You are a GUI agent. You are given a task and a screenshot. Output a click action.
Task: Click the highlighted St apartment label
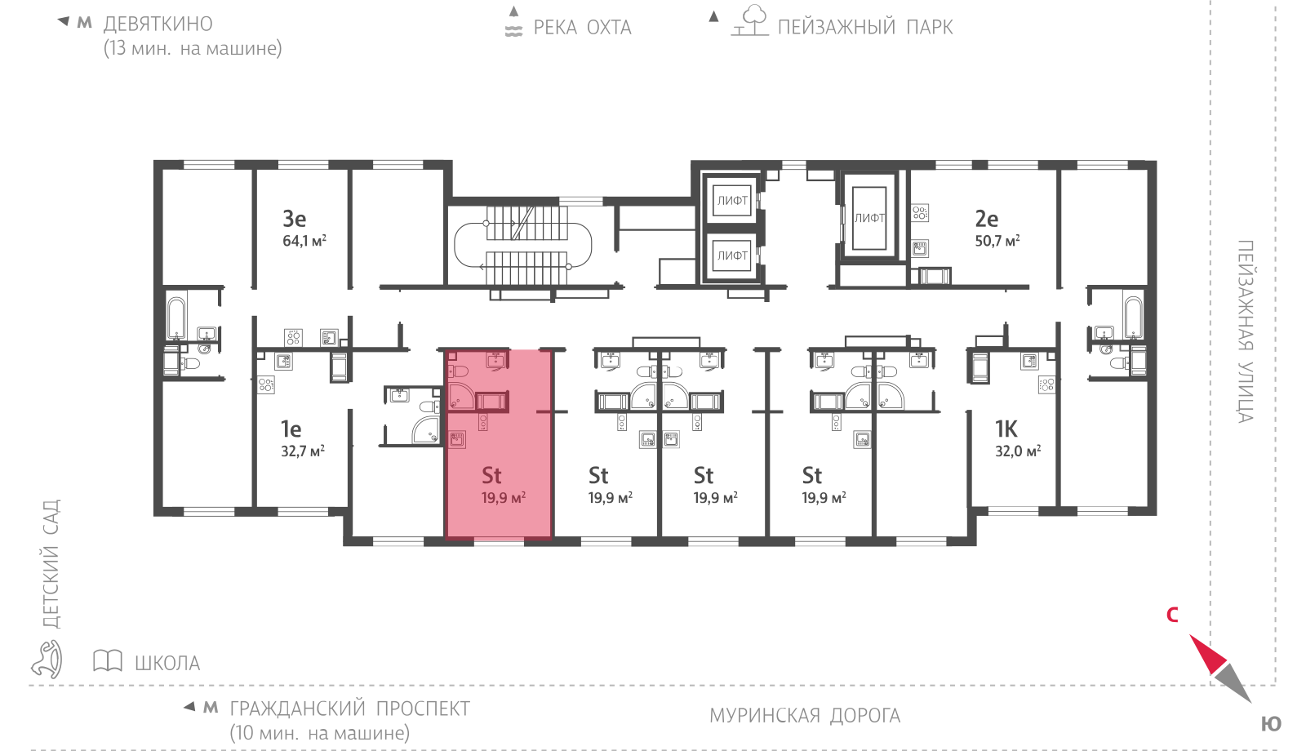point(491,475)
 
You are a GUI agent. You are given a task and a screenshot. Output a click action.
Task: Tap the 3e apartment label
point(295,219)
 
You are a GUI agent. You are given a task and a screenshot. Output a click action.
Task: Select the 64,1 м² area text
point(304,240)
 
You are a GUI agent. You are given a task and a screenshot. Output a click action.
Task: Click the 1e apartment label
point(291,429)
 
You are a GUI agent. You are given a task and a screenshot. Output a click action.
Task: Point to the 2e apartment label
point(987,219)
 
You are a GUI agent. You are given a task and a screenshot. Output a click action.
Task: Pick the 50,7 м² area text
point(997,240)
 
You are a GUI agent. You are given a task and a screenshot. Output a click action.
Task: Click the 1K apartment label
point(1006,429)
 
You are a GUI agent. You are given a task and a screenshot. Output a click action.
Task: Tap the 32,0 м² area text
point(1017,451)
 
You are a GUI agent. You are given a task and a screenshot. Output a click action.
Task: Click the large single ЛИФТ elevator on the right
point(869,217)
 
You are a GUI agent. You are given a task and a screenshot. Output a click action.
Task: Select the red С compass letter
point(1172,615)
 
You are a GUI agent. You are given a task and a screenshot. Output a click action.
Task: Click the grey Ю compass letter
point(1271,724)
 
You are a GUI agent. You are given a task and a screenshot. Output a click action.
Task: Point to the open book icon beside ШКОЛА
point(108,660)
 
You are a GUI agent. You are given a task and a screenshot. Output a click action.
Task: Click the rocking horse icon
point(47,660)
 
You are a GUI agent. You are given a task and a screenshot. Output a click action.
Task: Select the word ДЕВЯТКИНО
point(158,24)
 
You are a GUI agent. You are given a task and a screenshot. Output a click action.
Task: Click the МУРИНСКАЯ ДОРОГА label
point(805,715)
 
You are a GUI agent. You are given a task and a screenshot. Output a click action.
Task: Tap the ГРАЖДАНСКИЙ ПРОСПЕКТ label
point(350,709)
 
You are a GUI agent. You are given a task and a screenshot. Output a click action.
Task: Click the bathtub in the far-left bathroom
point(176,318)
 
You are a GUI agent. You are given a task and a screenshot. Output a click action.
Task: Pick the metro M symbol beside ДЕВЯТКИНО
point(85,23)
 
